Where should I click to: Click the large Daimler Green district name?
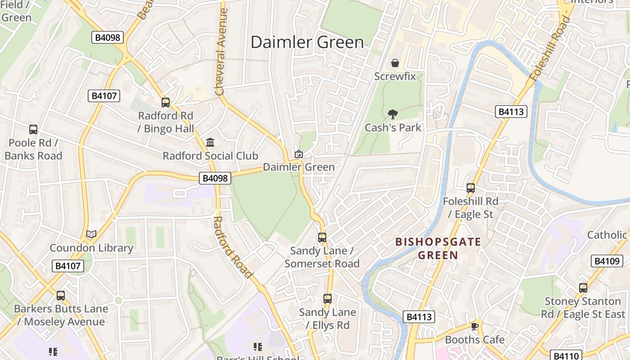307,42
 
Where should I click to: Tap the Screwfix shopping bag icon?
395,63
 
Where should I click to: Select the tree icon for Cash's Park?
393,114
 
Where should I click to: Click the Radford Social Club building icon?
210,143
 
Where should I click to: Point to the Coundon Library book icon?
91,234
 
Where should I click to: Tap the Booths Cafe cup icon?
474,326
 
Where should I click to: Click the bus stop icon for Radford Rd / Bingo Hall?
166,103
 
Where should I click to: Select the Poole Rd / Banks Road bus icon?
33,130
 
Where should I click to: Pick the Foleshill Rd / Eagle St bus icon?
471,188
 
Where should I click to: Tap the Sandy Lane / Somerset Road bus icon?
322,237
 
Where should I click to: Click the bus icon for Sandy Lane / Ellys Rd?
328,298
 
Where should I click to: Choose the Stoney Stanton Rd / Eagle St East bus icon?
583,288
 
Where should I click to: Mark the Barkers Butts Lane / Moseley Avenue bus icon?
61,296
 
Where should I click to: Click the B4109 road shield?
606,261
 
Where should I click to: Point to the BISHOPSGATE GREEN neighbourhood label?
438,249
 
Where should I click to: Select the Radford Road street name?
232,247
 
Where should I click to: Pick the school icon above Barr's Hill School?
258,346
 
